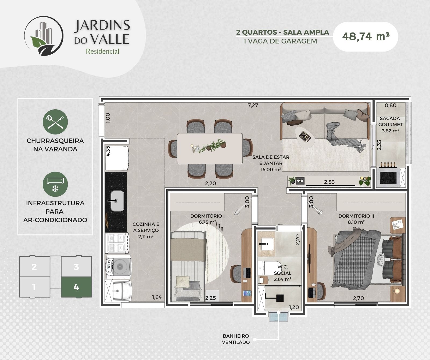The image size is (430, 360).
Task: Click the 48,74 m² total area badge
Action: pyautogui.click(x=365, y=37)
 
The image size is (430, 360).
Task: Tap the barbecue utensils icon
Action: pyautogui.click(x=55, y=122)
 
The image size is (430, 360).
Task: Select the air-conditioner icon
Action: pyautogui.click(x=55, y=184)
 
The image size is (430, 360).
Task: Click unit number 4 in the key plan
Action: pyautogui.click(x=76, y=287)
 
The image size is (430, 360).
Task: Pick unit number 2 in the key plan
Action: pyautogui.click(x=34, y=267)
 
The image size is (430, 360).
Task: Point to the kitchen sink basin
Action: pyautogui.click(x=117, y=201)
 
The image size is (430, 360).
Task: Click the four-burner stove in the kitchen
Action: pyautogui.click(x=118, y=243)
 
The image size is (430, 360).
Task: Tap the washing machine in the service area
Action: pyautogui.click(x=119, y=267)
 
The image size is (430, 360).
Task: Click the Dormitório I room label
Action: pyautogui.click(x=207, y=216)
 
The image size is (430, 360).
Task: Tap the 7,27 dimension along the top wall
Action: pyautogui.click(x=253, y=105)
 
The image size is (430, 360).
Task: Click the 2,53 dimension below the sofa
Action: pyautogui.click(x=329, y=182)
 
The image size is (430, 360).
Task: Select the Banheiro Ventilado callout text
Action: pyautogui.click(x=236, y=339)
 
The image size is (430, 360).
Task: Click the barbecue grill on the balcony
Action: pyautogui.click(x=389, y=177)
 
